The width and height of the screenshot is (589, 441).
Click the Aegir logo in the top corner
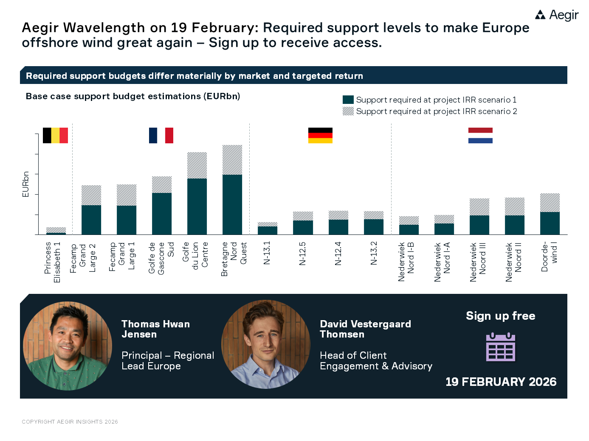(x=556, y=15)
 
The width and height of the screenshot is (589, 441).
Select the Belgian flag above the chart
(x=55, y=135)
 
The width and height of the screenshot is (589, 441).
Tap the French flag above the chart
(x=161, y=135)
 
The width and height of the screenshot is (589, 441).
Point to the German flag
(x=320, y=135)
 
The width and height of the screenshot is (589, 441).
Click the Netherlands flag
(x=480, y=135)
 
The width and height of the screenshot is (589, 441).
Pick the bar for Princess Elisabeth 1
(x=56, y=232)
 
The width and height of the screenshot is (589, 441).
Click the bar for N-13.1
(x=268, y=229)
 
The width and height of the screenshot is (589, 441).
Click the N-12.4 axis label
(x=338, y=254)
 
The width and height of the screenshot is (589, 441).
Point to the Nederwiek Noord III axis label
(x=478, y=262)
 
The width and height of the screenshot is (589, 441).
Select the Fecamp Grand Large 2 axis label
(x=83, y=257)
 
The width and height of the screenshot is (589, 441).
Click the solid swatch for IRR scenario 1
(x=348, y=100)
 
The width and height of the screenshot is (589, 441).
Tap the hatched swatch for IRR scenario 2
(x=348, y=111)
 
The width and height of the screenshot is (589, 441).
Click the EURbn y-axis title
(x=25, y=184)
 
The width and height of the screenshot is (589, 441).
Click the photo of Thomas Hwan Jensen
(x=67, y=346)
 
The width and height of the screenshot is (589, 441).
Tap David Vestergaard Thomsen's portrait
(x=266, y=344)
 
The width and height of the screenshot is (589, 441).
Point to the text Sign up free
(x=500, y=316)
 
